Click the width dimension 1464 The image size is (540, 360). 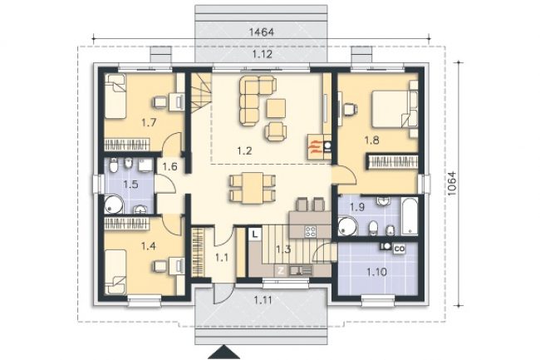tap(262, 32)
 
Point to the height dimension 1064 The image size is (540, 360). tap(451, 184)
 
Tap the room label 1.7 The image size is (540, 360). tap(149, 122)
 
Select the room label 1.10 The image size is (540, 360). tap(376, 272)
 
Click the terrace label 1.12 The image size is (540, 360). tap(263, 54)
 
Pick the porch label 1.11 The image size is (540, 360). tap(263, 300)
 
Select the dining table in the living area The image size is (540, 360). tap(253, 188)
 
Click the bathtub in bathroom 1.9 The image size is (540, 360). tap(409, 216)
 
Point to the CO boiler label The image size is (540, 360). tap(399, 248)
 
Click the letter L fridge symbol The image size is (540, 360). tap(254, 234)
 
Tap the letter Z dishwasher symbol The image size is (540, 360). tap(281, 271)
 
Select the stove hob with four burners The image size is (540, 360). tap(311, 231)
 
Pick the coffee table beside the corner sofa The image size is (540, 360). tap(276, 108)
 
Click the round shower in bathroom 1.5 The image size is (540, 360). tap(113, 205)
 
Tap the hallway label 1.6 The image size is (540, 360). tap(169, 167)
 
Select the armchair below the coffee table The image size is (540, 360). tap(276, 131)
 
